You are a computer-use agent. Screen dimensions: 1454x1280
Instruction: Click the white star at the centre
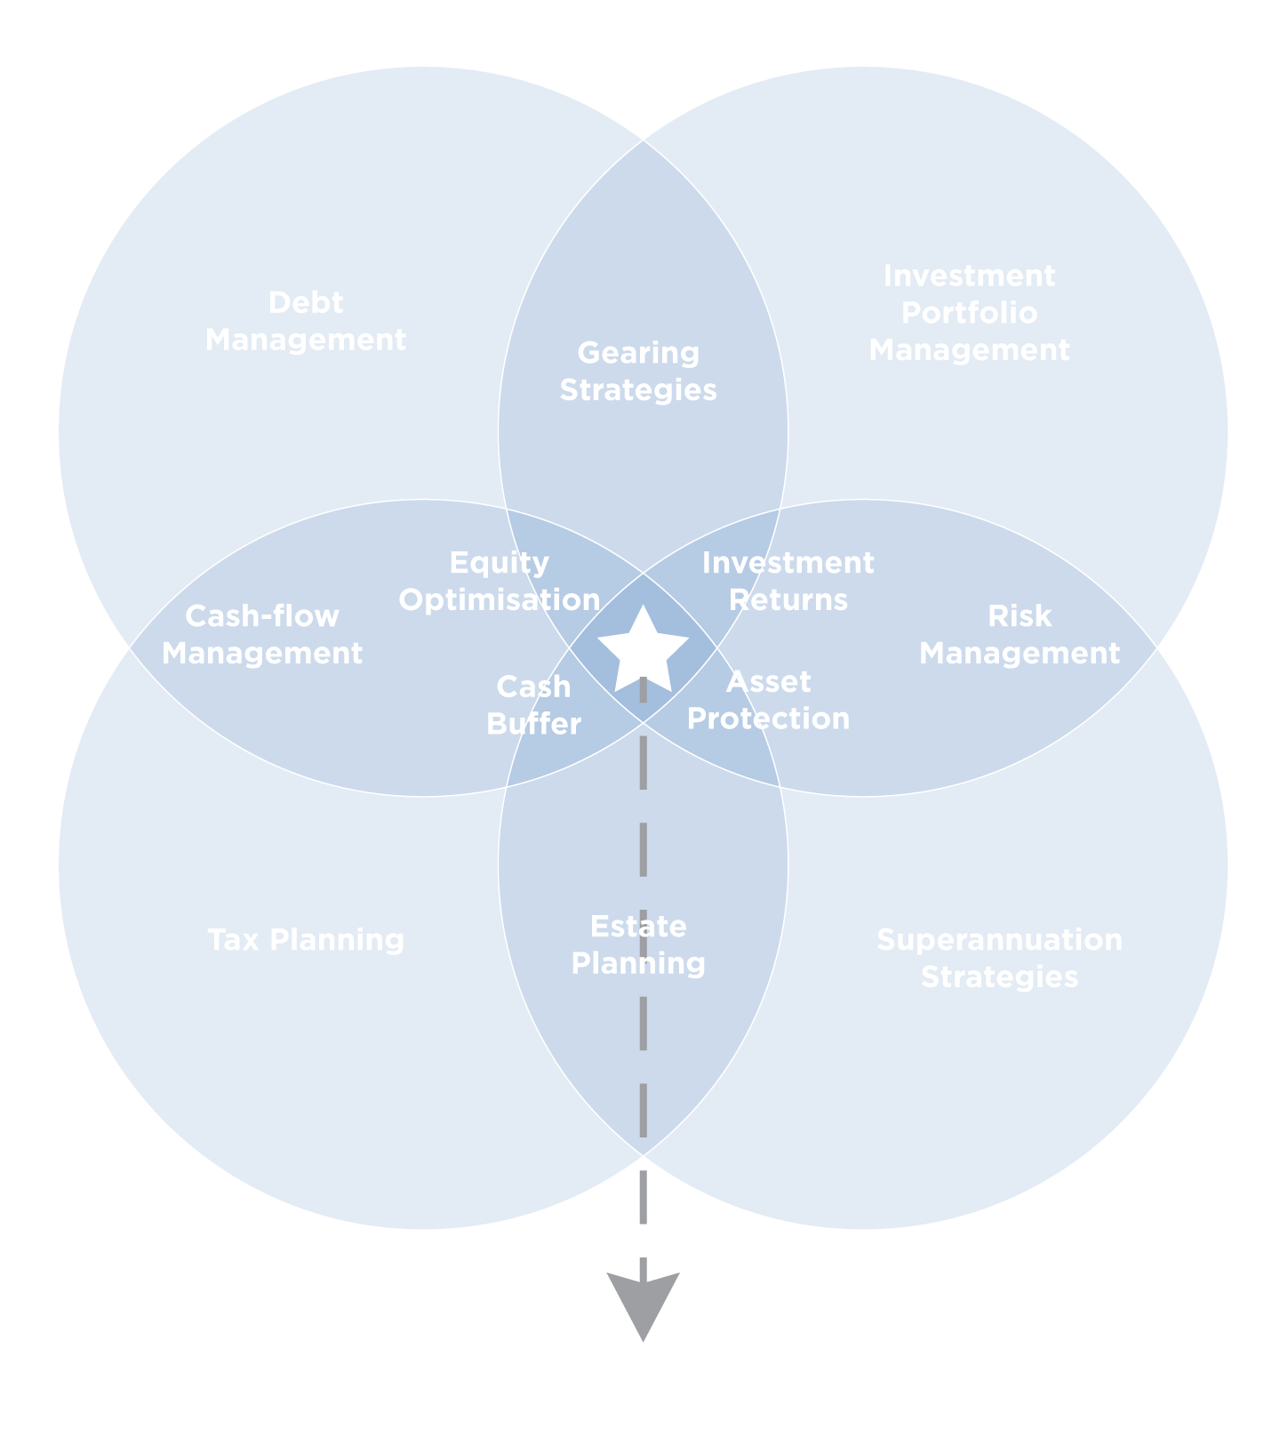[x=643, y=648]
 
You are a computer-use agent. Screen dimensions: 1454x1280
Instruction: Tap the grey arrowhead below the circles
[x=643, y=1301]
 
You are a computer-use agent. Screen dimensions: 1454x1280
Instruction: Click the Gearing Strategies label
[x=638, y=371]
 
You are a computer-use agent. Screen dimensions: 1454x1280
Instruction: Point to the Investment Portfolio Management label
[x=969, y=313]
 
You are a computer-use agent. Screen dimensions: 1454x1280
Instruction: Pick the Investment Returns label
[x=788, y=582]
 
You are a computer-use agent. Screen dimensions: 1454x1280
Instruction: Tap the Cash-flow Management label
[x=262, y=635]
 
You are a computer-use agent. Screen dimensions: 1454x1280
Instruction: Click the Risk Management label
[x=1020, y=635]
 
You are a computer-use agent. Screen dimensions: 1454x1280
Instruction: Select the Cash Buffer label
[x=533, y=705]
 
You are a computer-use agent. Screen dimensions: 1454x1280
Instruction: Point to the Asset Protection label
[x=769, y=700]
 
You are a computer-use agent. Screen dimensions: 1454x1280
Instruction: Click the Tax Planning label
[x=306, y=940]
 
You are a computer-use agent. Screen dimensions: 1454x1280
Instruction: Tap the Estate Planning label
[x=638, y=944]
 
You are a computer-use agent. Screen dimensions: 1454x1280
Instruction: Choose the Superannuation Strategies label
[x=999, y=958]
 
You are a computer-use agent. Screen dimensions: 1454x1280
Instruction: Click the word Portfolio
[x=969, y=313]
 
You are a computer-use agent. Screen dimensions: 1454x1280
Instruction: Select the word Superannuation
[x=999, y=940]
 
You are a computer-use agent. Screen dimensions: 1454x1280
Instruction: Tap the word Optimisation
[x=500, y=600]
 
